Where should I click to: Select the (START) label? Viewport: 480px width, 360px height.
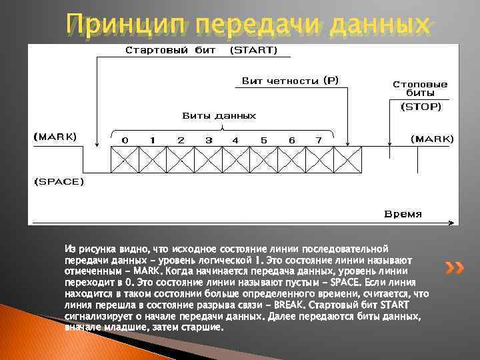point(254,50)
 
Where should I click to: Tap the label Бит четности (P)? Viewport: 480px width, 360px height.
point(290,81)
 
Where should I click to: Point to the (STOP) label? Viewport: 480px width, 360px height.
point(420,106)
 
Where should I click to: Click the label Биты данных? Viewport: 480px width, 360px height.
point(219,115)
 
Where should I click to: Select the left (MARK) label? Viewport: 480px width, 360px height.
point(55,137)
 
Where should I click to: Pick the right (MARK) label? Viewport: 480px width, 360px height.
point(431,139)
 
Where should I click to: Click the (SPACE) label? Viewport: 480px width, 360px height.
point(59,181)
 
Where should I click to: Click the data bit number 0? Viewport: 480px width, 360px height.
point(124,140)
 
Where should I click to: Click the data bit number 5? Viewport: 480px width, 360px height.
point(264,140)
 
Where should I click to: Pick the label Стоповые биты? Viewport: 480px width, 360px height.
point(420,89)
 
